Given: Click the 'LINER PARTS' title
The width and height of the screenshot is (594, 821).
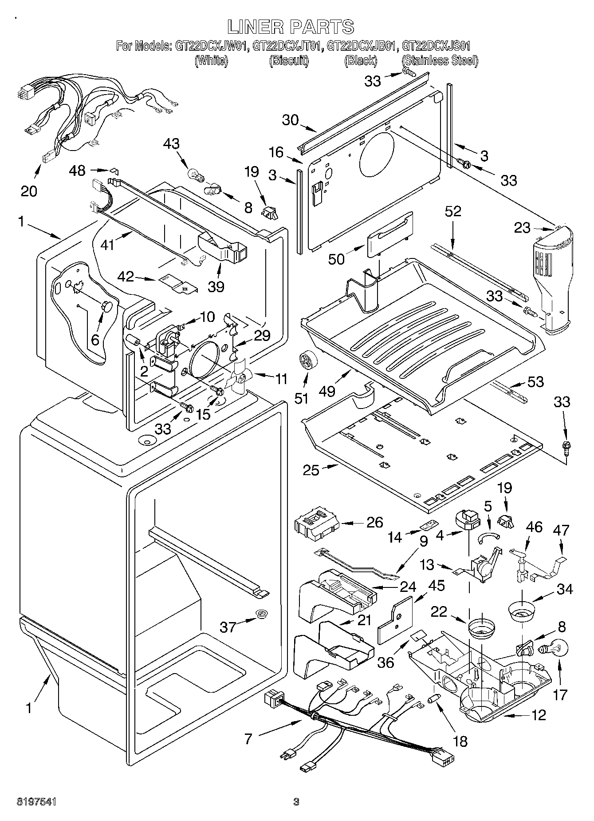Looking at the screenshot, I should pos(291,27).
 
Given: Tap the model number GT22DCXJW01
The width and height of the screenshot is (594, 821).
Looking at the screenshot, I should pos(212,46).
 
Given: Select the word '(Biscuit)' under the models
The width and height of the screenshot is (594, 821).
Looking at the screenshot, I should pos(289,61).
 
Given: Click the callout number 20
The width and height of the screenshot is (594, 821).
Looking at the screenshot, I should pos(29,191).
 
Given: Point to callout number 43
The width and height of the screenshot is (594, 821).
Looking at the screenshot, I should pos(172,143).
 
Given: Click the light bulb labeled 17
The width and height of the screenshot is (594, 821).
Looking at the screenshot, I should pos(553,650).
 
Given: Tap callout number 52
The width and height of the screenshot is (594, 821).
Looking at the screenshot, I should pos(453,211).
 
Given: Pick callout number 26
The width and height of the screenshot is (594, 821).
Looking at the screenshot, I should pos(375,522).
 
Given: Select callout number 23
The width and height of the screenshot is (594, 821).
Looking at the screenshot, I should pos(522,228).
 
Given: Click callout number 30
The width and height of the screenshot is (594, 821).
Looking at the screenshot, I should pos(291,120).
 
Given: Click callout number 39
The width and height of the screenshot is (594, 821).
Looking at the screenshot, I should pos(216,286).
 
